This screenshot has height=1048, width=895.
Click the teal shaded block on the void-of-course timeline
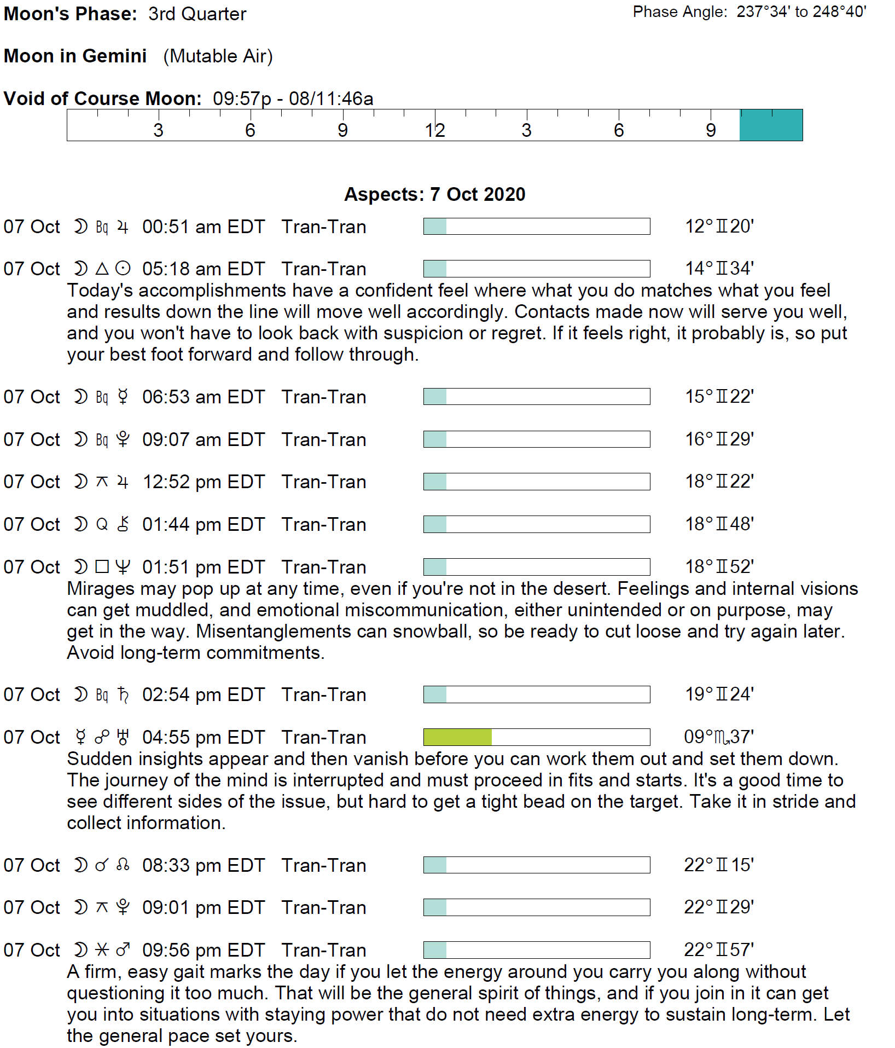pyautogui.click(x=770, y=125)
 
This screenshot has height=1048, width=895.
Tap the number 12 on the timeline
pyautogui.click(x=435, y=130)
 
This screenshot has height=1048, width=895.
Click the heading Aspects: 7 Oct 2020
pyautogui.click(x=434, y=194)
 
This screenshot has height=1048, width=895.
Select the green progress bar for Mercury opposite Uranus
pyautogui.click(x=457, y=737)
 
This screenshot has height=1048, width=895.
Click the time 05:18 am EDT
pyautogui.click(x=204, y=269)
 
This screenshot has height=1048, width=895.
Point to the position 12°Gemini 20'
pyautogui.click(x=719, y=226)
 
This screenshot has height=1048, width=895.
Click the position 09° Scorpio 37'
pyautogui.click(x=719, y=737)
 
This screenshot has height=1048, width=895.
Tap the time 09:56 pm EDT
pyautogui.click(x=204, y=950)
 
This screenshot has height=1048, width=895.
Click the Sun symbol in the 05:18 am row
pyautogui.click(x=123, y=269)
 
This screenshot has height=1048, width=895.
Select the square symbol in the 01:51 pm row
pyautogui.click(x=102, y=566)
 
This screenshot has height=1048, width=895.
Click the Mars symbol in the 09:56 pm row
pyautogui.click(x=123, y=949)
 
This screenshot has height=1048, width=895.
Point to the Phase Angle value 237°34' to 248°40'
pyautogui.click(x=801, y=11)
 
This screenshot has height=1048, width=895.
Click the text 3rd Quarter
pyautogui.click(x=197, y=14)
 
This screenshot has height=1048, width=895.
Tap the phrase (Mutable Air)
pyautogui.click(x=218, y=56)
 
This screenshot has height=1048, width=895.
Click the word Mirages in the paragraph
pyautogui.click(x=100, y=588)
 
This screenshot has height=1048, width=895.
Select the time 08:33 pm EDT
pyautogui.click(x=204, y=865)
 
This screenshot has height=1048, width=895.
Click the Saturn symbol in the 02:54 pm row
pyautogui.click(x=123, y=694)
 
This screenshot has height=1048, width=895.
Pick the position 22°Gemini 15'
pyautogui.click(x=719, y=865)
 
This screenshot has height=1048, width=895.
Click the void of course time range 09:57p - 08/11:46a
pyautogui.click(x=293, y=99)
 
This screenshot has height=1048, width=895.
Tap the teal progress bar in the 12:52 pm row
pyautogui.click(x=435, y=482)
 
